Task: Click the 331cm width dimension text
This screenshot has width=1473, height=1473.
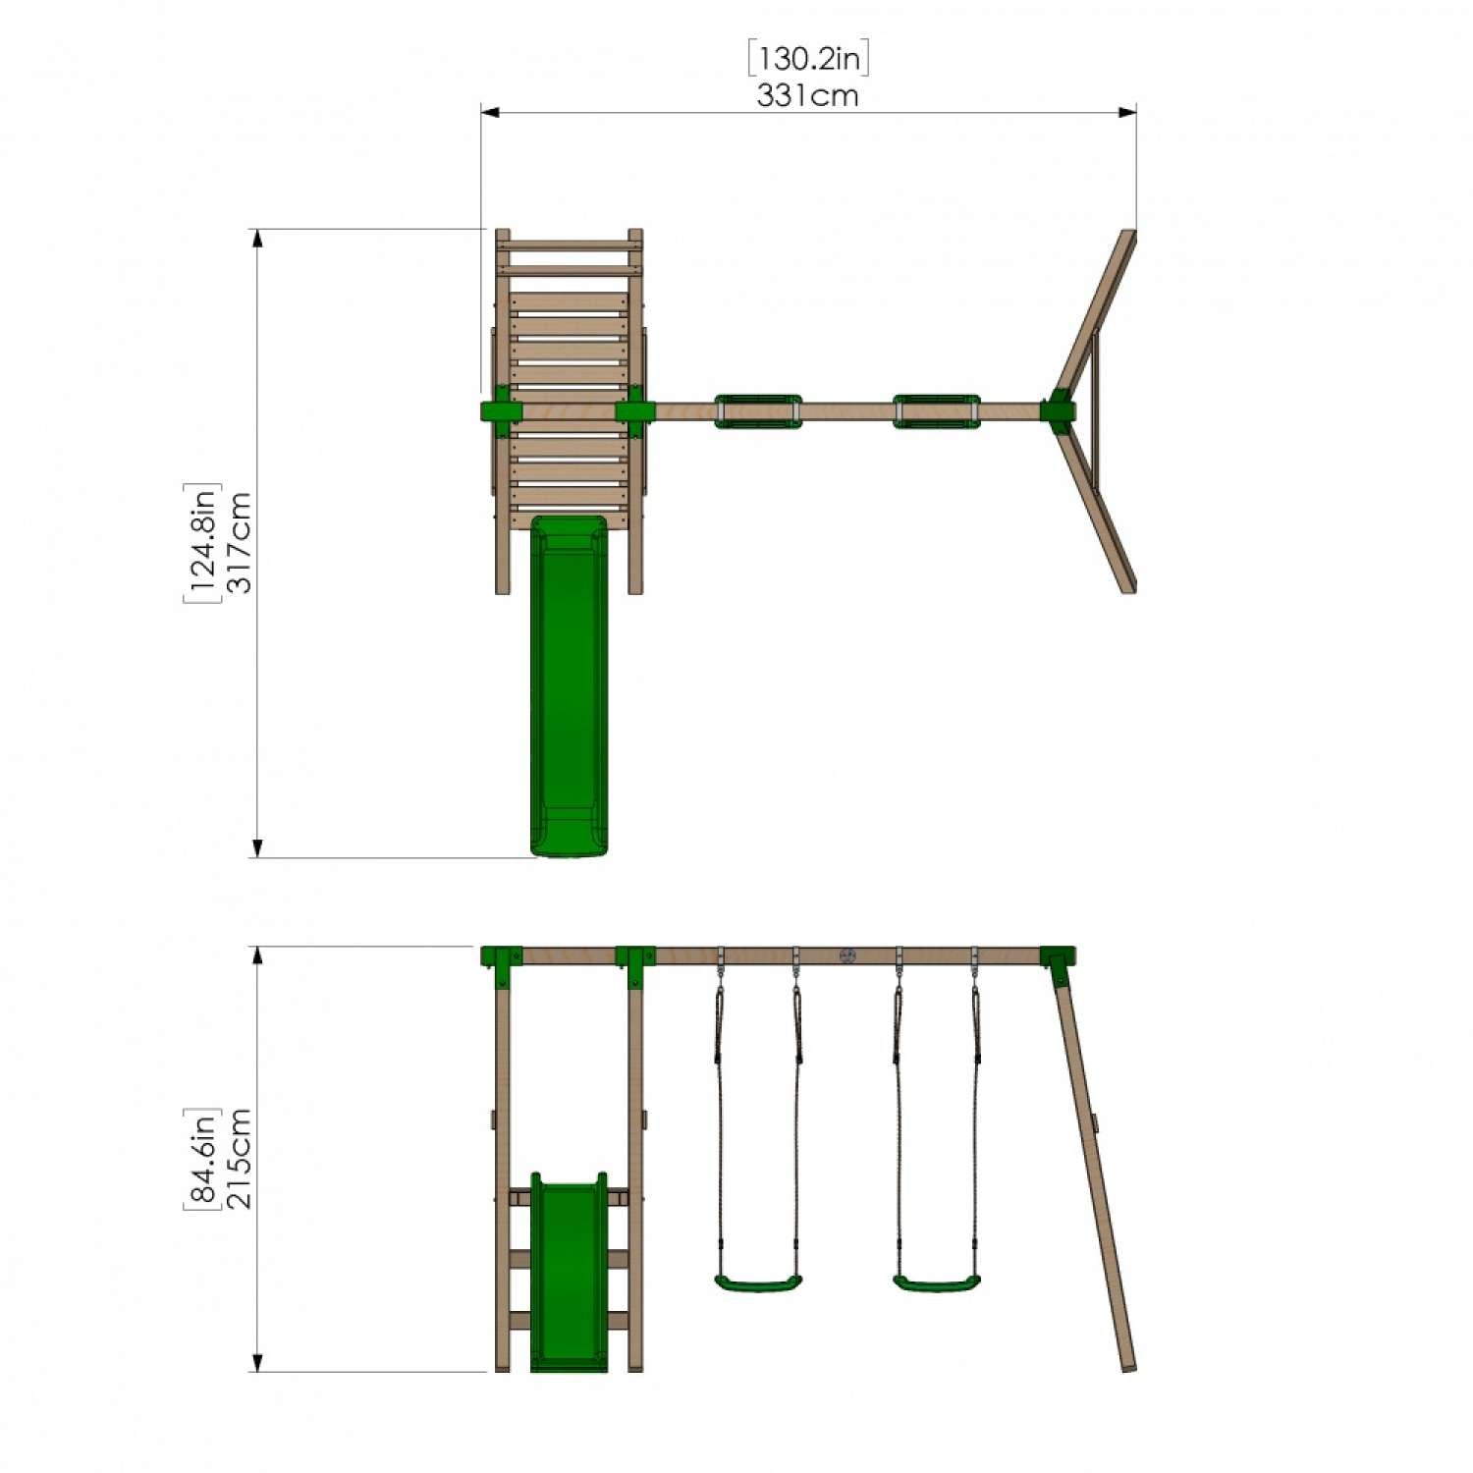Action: point(807,95)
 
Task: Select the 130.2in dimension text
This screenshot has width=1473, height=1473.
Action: point(808,59)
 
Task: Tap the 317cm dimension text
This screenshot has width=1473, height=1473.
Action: point(240,543)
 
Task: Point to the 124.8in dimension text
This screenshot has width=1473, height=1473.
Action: point(202,543)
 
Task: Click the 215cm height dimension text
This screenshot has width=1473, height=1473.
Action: point(240,1159)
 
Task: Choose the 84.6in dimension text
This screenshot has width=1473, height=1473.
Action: point(202,1159)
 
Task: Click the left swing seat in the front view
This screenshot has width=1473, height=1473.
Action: point(757,1282)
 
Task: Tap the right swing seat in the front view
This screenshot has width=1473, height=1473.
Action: point(936,1282)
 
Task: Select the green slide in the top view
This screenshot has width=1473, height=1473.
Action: point(569,687)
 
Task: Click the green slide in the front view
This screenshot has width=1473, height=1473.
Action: point(569,1277)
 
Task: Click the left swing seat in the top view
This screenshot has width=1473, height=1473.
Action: point(757,411)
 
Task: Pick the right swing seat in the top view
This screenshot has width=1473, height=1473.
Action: point(936,411)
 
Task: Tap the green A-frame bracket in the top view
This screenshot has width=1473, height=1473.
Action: point(1059,410)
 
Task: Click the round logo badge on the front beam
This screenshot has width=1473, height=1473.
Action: point(847,955)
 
